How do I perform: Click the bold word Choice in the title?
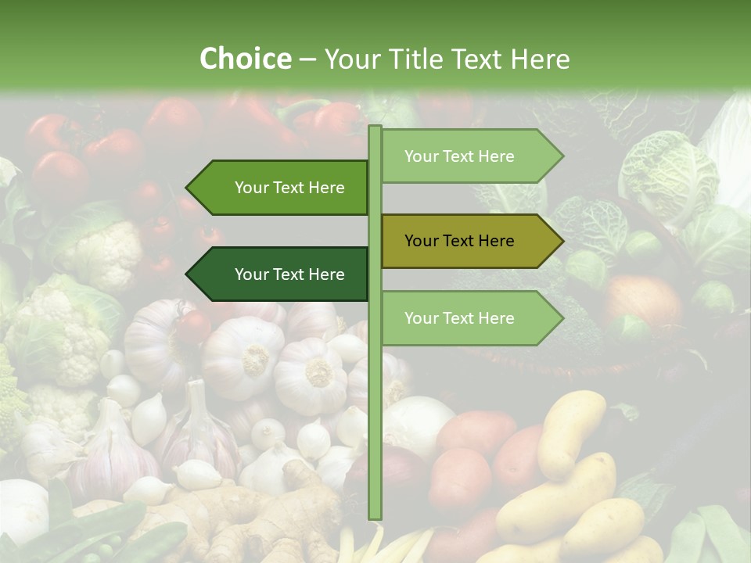pos(245,59)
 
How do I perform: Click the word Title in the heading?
pos(415,59)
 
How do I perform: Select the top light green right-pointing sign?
pos(469,156)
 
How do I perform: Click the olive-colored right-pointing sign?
pos(469,241)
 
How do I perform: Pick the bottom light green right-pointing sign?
pos(469,318)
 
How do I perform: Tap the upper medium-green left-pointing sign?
pos(282,188)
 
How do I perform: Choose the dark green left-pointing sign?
pos(282,274)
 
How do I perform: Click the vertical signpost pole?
pos(375,391)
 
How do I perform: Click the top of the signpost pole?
pos(375,129)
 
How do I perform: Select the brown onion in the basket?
pos(641,301)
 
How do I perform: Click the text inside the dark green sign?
pos(289,274)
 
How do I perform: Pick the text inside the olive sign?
pos(459,241)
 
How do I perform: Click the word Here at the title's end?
pos(540,59)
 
